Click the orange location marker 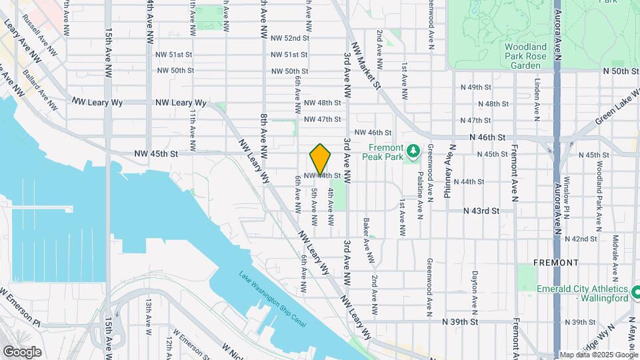click(321, 159)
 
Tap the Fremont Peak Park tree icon click(413, 152)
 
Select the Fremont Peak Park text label click(383, 152)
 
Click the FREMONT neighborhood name click(556, 263)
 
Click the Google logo click(22, 351)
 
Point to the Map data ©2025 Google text click(597, 354)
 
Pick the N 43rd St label click(482, 211)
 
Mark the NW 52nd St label click(289, 38)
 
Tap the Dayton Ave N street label click(474, 291)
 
